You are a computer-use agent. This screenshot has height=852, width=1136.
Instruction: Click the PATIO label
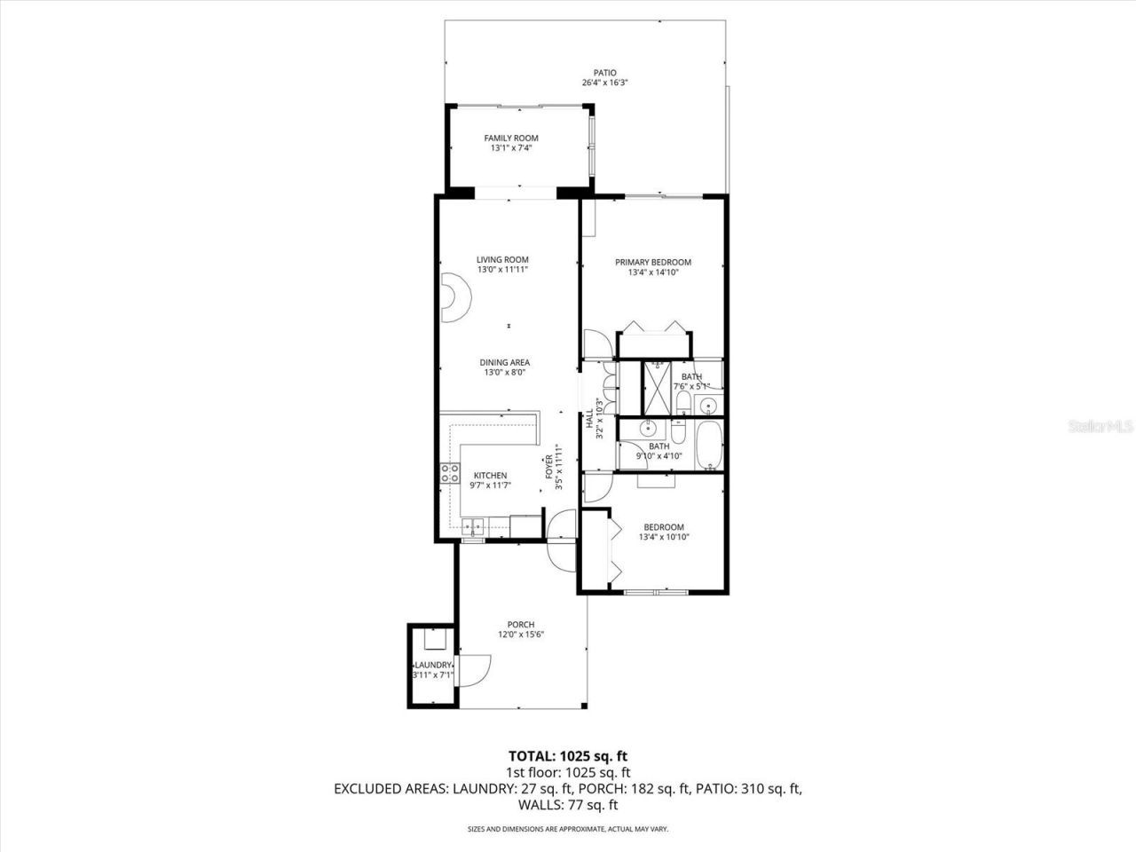[x=605, y=73]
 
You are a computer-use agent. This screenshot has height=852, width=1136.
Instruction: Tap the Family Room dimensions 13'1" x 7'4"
[x=510, y=148]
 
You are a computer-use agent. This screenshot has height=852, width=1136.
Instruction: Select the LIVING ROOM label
[x=502, y=260]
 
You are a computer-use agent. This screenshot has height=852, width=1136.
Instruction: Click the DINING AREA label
[x=505, y=362]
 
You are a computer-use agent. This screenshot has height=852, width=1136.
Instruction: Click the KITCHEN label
[x=490, y=476]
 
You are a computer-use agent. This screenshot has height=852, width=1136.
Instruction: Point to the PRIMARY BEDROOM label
[x=653, y=262]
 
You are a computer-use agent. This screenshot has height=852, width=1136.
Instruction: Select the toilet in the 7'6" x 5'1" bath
[x=682, y=404]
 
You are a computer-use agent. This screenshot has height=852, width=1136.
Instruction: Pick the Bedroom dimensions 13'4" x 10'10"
[x=664, y=537]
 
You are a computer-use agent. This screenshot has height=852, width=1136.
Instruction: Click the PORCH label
[x=520, y=624]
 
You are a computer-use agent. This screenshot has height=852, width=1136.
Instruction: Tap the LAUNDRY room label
[x=433, y=665]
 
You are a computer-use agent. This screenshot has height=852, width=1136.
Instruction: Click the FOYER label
[x=548, y=467]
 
